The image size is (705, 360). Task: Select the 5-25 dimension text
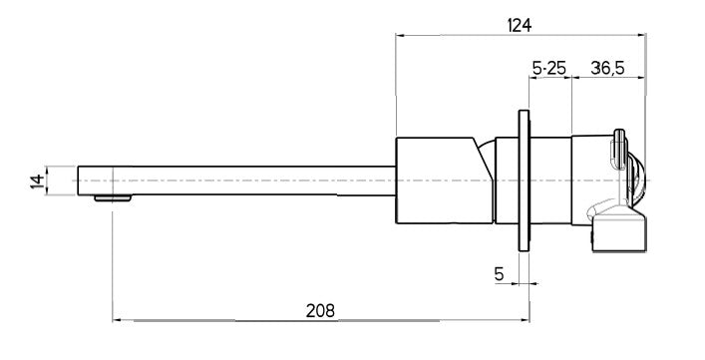[549, 68]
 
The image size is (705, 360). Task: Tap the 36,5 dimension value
[607, 68]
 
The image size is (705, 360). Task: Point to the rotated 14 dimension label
[38, 180]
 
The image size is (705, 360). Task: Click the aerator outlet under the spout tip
[113, 196]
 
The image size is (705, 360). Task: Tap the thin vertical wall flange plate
[523, 180]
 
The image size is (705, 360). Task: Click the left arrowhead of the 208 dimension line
[116, 320]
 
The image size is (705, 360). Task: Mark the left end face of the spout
[78, 180]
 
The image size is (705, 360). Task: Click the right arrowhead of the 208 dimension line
[525, 320]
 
